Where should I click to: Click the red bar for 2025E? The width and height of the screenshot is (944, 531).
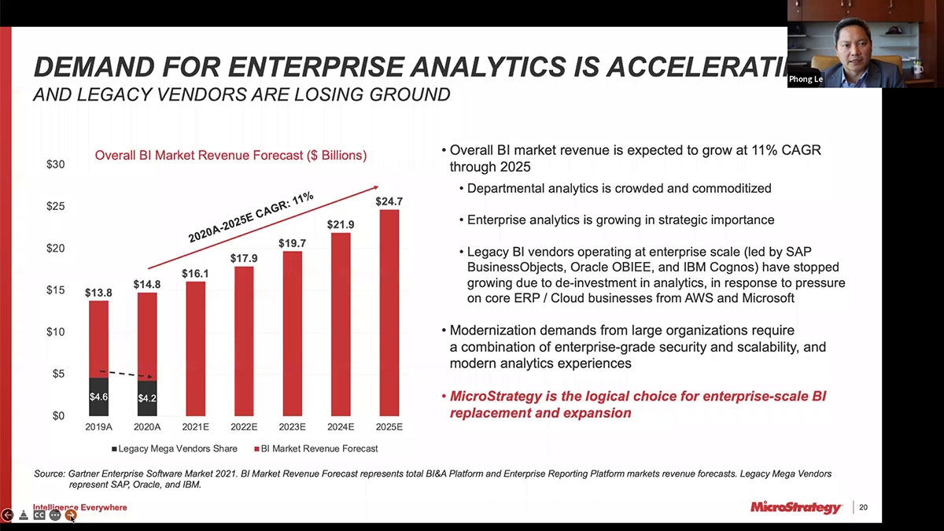[x=389, y=315]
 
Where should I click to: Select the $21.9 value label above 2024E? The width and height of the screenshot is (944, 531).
[x=341, y=224]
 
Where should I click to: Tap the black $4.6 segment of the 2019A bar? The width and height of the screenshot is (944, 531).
[x=98, y=397]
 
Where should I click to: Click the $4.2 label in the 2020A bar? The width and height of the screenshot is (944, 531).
[x=147, y=399]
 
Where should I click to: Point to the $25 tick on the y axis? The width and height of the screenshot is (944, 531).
[x=54, y=206]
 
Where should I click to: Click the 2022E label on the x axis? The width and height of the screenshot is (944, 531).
[x=244, y=427]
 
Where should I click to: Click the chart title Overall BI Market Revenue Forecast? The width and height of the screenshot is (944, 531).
[x=230, y=156]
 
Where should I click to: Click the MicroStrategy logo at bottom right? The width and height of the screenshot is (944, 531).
[x=796, y=507]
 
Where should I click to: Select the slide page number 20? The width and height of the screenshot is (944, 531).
[x=863, y=507]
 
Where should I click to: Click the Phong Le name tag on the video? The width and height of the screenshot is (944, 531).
[x=806, y=79]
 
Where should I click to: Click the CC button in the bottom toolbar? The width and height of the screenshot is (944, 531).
[x=39, y=515]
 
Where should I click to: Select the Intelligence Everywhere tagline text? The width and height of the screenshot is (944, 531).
[x=79, y=507]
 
